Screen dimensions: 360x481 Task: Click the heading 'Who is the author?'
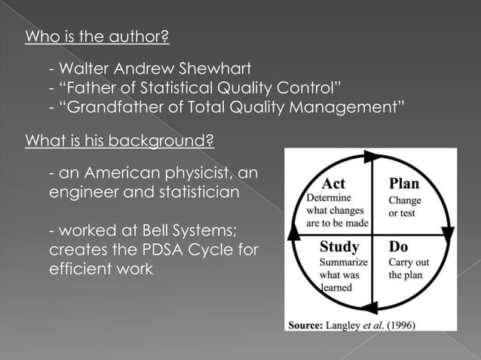97,37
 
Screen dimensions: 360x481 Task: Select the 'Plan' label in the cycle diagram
403,184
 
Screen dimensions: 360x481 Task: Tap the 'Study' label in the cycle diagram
339,247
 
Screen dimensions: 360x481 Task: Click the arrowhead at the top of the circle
372,157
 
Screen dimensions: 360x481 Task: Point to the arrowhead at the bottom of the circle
370,306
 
